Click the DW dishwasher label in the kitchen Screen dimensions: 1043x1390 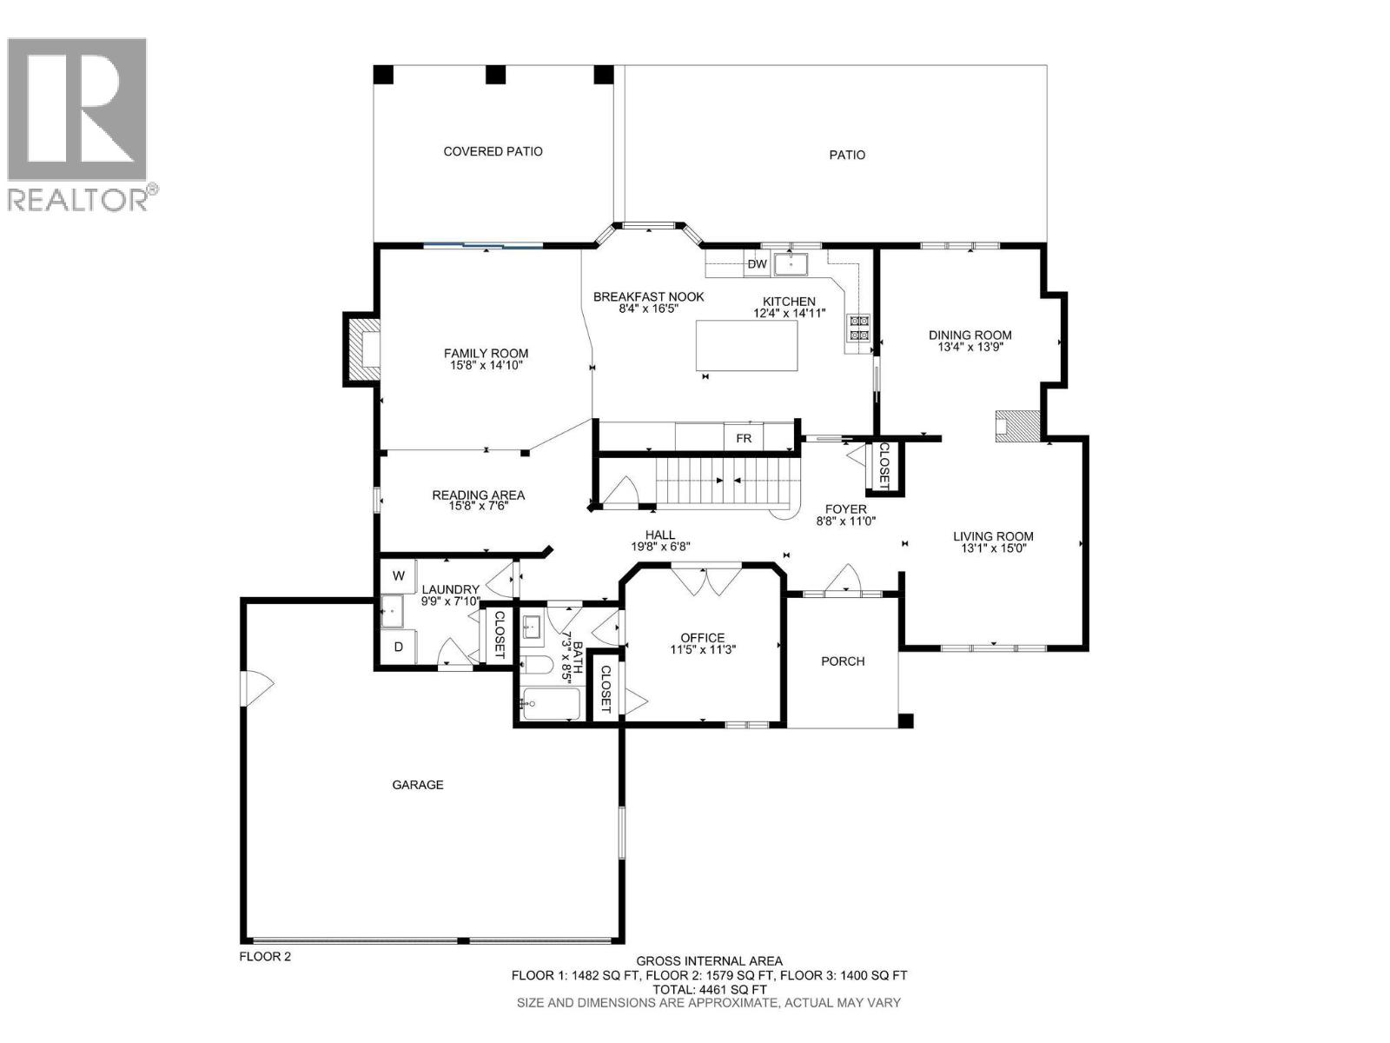(757, 264)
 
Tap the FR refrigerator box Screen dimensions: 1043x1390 (744, 438)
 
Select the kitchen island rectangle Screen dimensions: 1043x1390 (747, 345)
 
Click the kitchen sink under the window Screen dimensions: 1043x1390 (791, 262)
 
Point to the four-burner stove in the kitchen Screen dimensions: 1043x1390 (858, 328)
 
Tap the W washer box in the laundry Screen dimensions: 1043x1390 (399, 575)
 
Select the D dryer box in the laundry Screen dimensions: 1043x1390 (399, 647)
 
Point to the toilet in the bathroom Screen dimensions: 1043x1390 (536, 666)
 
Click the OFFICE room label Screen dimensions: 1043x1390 (703, 638)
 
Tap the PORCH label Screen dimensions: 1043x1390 (843, 661)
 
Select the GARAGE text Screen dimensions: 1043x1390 (418, 785)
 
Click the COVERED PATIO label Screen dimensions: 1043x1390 (493, 151)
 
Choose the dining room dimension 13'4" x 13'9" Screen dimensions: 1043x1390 (970, 347)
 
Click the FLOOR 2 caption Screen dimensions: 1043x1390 (265, 957)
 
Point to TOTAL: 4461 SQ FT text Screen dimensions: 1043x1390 (709, 989)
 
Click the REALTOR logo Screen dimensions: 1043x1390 (78, 122)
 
